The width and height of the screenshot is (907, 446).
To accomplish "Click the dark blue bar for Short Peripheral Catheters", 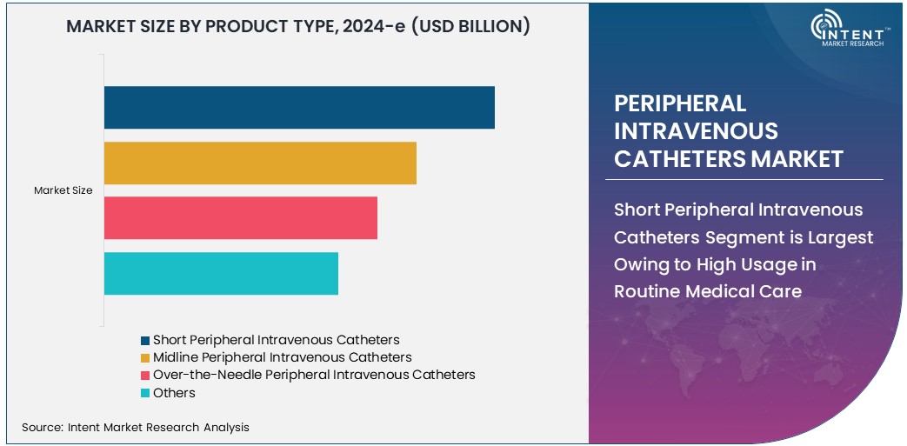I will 299,108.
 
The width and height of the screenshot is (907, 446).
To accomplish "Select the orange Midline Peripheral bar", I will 260,163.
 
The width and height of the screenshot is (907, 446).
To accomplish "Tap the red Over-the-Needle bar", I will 241,218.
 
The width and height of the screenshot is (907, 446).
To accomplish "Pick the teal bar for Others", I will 221,274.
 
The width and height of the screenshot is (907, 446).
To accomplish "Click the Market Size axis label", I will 63,190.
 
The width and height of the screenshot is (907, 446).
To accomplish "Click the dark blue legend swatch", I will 146,340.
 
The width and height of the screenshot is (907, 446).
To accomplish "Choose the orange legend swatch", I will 146,357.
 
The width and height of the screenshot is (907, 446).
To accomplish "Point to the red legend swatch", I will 146,376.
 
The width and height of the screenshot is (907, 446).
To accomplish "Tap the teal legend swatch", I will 146,393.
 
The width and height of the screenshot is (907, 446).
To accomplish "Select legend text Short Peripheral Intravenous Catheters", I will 276,340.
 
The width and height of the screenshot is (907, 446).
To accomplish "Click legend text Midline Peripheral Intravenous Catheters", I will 282,357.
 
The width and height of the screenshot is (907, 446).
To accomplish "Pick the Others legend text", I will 174,393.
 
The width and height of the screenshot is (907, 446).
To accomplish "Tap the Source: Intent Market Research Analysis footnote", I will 136,427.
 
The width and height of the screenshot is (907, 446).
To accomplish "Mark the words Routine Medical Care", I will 708,291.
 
